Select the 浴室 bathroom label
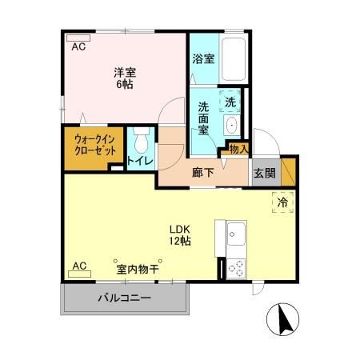click(203, 58)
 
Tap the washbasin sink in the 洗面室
click(231, 125)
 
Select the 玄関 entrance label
click(264, 171)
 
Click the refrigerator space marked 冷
click(282, 203)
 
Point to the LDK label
click(178, 226)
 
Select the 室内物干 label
click(137, 269)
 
